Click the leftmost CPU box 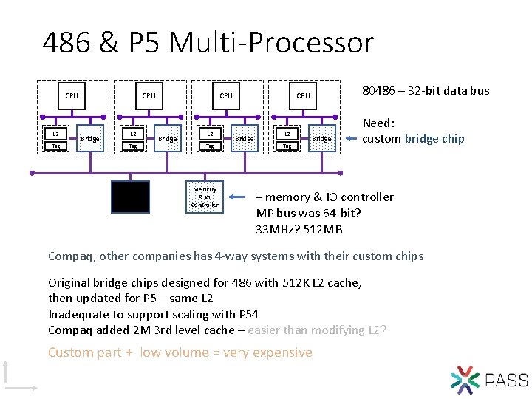pos(72,95)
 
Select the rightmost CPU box pos(303,95)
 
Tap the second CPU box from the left pos(149,95)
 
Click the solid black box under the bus pos(130,197)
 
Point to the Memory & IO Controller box pos(204,197)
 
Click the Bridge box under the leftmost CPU pos(90,138)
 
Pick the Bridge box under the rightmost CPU pos(321,138)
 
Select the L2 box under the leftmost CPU pos(55,134)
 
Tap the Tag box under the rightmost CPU pos(287,146)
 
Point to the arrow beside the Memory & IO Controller pos(238,197)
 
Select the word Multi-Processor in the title pos(272,43)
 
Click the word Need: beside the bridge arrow pos(378,123)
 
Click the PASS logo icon pos(465,379)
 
